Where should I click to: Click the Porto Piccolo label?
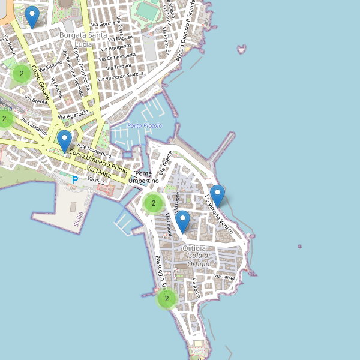[145, 125]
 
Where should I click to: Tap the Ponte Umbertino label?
[144, 177]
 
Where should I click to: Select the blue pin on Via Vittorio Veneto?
[218, 196]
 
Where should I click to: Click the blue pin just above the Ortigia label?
[182, 221]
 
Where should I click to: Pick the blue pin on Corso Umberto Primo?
[64, 141]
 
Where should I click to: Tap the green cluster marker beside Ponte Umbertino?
[154, 203]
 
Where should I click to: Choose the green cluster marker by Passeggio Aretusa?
[167, 298]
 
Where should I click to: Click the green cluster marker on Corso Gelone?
[22, 74]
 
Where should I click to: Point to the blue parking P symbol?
[75, 180]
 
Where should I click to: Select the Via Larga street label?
[224, 277]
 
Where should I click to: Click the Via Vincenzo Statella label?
[121, 76]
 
